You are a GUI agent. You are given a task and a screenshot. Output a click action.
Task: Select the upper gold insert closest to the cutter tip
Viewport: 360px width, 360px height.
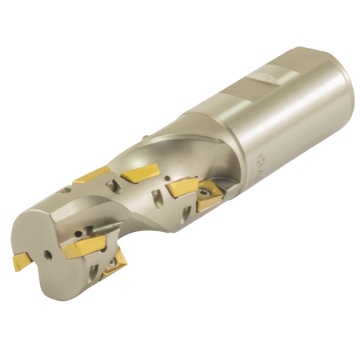91,174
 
